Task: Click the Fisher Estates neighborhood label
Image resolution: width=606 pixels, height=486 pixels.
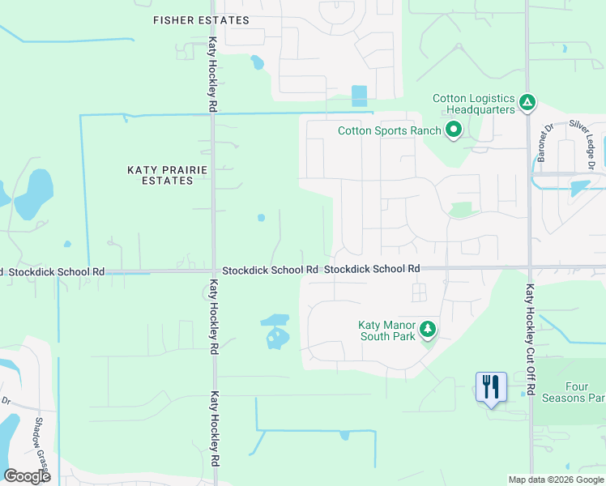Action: click(201, 19)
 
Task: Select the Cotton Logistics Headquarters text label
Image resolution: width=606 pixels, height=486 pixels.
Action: click(474, 104)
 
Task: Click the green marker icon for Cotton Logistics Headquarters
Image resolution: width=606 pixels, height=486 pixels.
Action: click(527, 102)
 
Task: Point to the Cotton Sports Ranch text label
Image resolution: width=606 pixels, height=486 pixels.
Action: click(390, 130)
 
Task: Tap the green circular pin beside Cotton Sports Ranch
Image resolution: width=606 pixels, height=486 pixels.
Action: click(453, 130)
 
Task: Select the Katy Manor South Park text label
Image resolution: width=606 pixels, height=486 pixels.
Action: click(386, 330)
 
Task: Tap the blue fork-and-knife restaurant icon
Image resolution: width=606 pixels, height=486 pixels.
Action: click(491, 386)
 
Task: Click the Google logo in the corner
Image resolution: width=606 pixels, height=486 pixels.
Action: click(28, 475)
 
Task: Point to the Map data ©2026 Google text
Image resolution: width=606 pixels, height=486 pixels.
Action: click(555, 480)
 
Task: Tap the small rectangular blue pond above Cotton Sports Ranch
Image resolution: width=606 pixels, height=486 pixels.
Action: click(359, 96)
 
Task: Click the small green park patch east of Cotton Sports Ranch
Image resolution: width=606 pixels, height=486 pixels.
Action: click(460, 210)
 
